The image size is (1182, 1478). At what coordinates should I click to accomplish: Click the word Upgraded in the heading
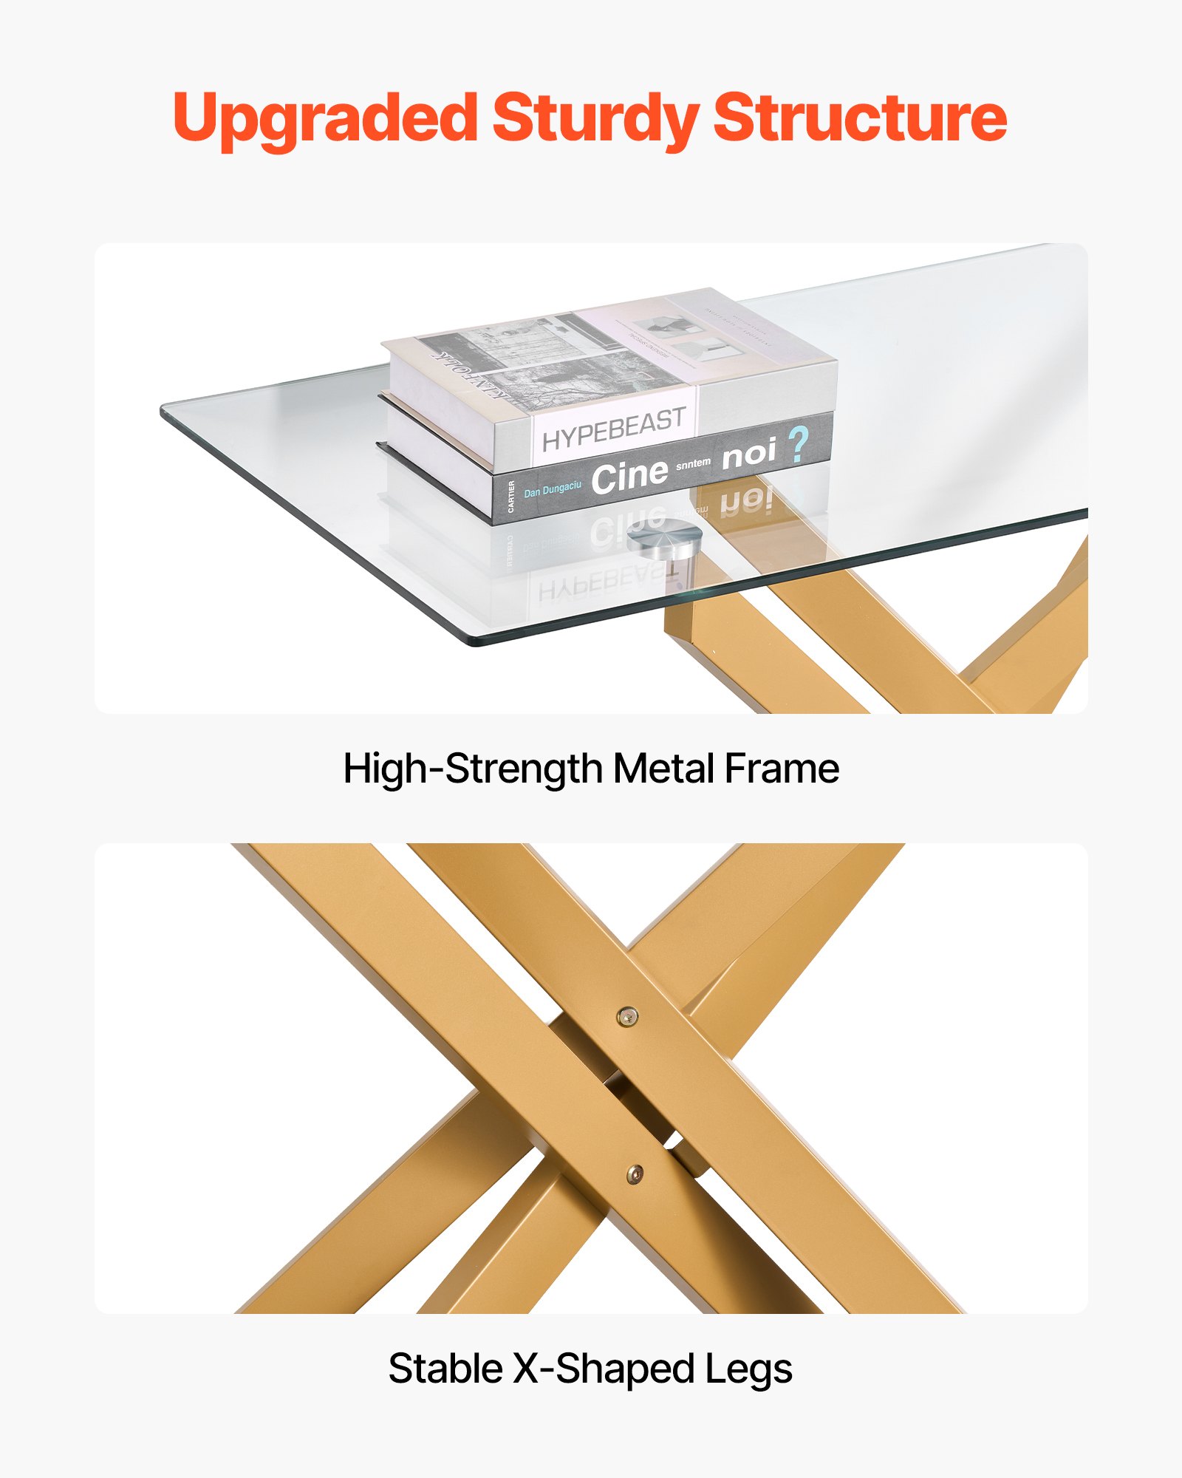pos(325,118)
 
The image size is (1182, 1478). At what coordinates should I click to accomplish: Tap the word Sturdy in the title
pos(595,118)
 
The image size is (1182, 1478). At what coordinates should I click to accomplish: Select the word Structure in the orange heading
pos(860,118)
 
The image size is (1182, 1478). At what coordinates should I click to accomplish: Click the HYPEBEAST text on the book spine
pos(613,430)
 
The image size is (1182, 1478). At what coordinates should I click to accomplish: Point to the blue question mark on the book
pos(798,445)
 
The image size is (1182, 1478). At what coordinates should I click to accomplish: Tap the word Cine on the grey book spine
pos(629,476)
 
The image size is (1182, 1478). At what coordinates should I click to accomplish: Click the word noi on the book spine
pos(748,454)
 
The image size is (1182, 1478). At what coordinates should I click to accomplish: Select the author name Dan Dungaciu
pos(553,490)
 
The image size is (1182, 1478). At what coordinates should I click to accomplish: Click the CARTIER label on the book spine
pos(511,497)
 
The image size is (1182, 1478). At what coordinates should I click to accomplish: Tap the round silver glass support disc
pos(663,538)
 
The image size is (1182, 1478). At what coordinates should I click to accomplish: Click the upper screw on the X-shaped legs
pos(627,1017)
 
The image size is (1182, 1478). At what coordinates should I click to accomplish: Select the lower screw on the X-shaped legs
pos(635,1173)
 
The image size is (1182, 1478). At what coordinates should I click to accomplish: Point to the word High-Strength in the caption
pos(473,769)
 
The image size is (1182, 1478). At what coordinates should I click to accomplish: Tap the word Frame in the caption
pos(782,769)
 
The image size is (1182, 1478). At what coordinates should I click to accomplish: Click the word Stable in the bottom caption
pos(445,1369)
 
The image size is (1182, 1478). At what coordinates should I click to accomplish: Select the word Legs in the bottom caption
pos(748,1369)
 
